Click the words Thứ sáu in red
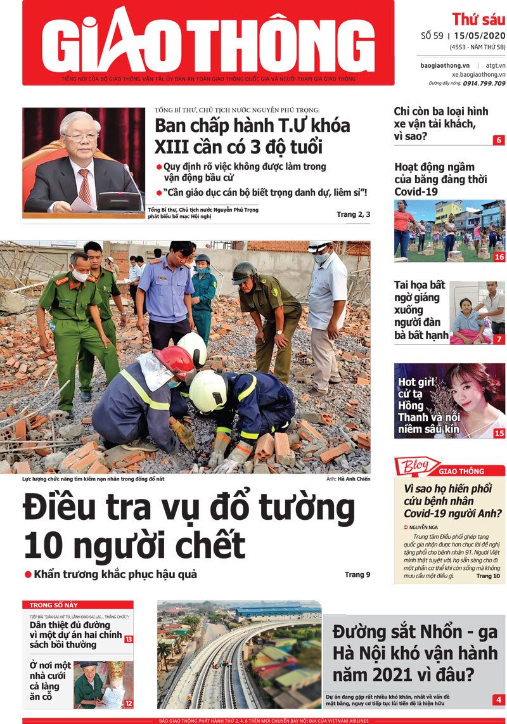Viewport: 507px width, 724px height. coord(478,18)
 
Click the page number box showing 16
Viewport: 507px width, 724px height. coord(499,257)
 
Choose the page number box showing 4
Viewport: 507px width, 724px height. coord(499,700)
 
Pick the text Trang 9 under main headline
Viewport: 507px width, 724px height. coord(357,575)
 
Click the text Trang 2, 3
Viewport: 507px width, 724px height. coord(354,215)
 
